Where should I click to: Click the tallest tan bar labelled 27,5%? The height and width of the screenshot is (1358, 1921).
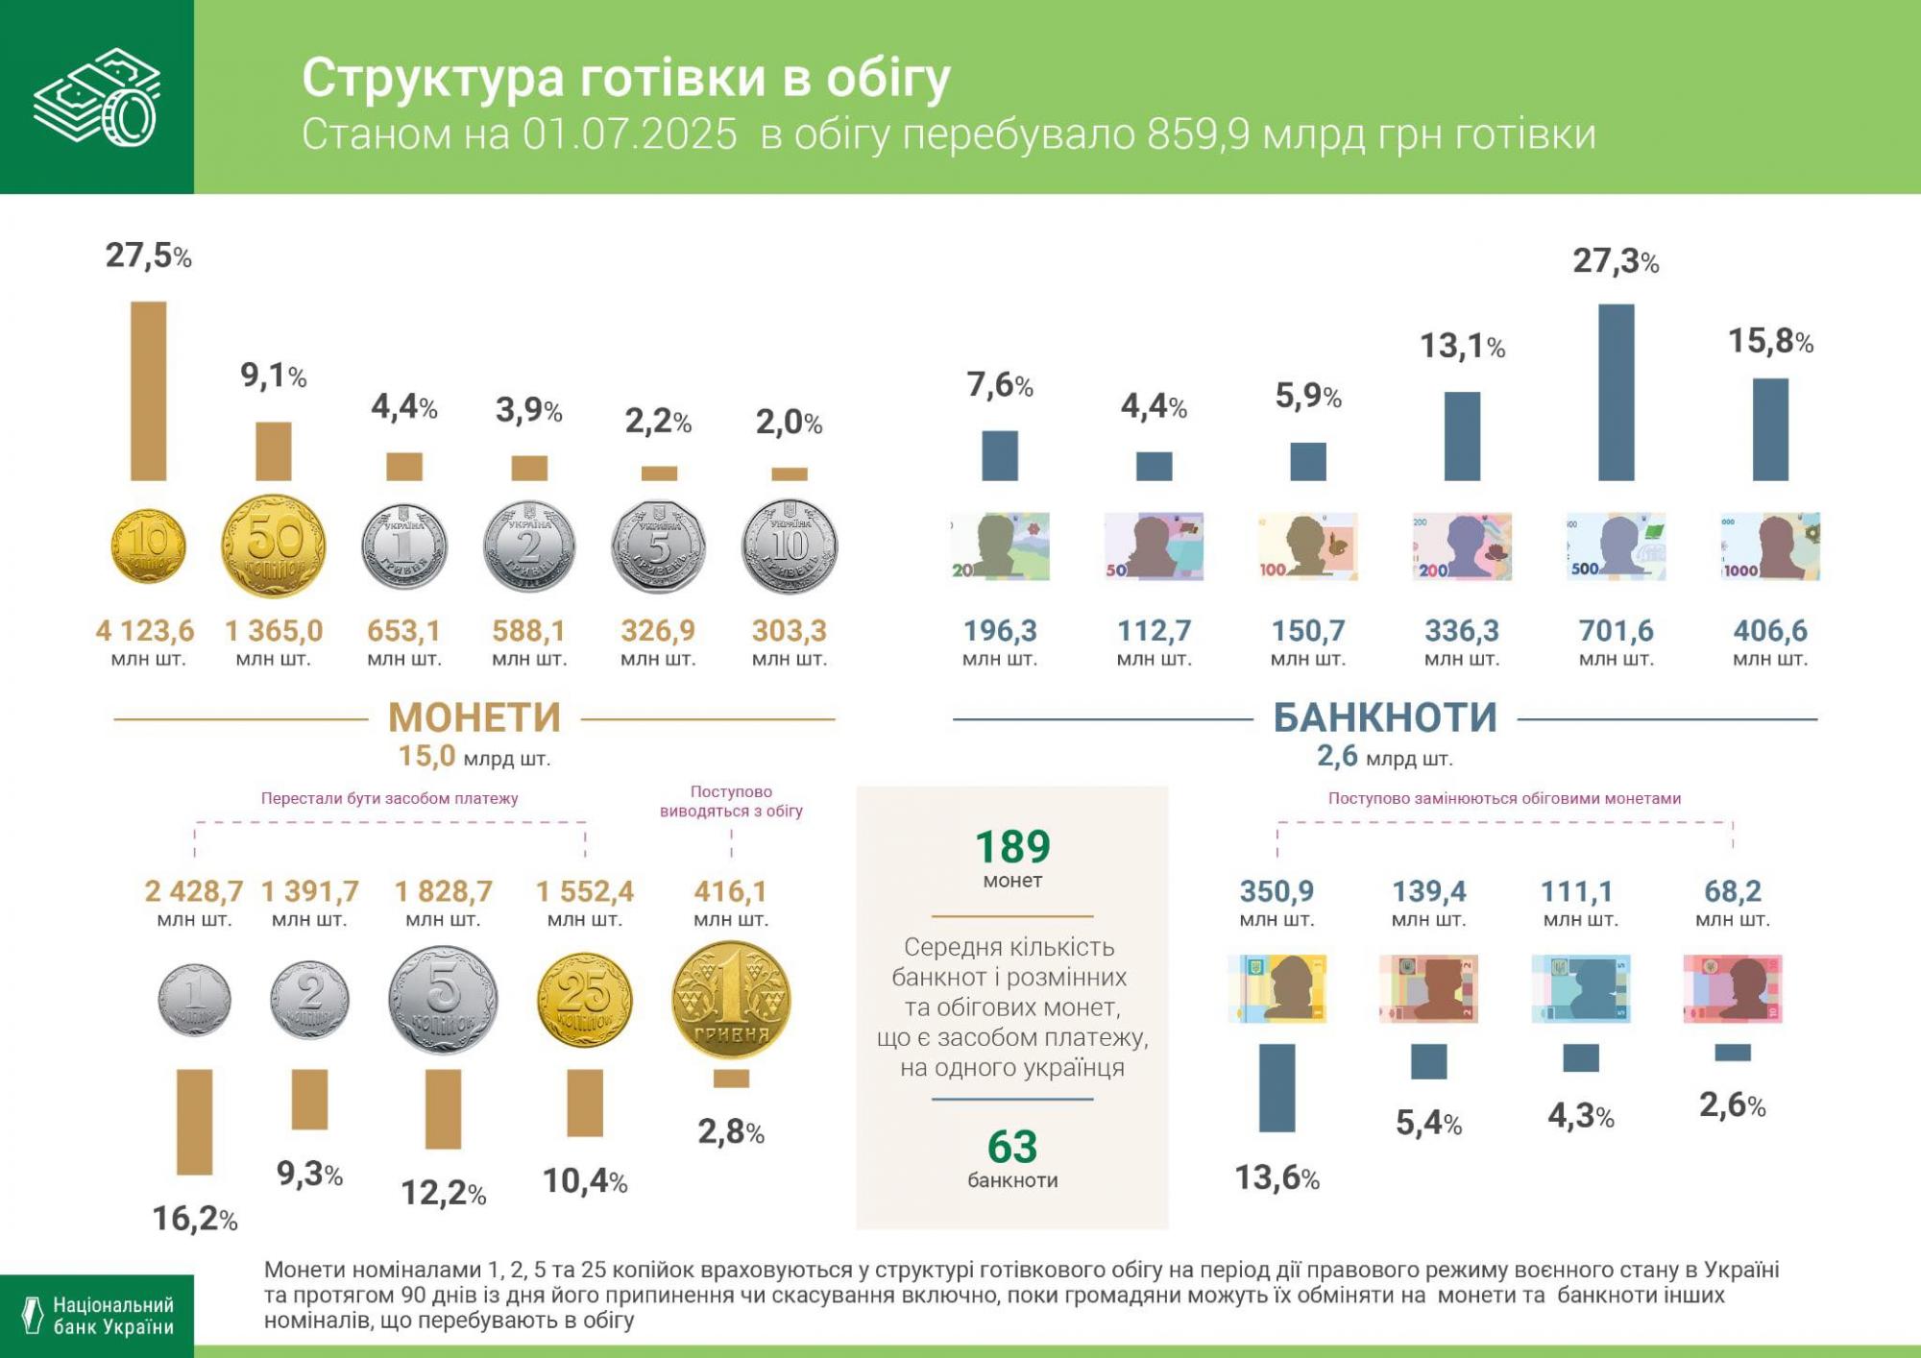148,391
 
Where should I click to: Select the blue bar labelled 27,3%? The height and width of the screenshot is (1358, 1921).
1616,392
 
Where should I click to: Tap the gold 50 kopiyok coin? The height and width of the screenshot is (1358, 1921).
274,546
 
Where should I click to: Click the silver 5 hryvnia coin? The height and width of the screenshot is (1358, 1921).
659,546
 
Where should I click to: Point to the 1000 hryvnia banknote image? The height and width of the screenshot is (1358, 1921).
1770,546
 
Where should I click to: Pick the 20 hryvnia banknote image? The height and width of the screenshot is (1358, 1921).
1000,546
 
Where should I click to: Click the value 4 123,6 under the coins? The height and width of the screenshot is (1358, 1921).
145,631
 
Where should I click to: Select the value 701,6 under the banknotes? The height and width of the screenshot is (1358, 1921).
1616,631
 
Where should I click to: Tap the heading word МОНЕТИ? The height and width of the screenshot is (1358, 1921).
474,717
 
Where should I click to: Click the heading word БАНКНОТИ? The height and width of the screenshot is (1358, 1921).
1385,717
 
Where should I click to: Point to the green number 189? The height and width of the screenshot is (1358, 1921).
1012,847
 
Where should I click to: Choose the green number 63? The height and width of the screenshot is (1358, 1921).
1012,1147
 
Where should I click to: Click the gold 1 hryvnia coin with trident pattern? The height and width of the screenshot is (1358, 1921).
731,1000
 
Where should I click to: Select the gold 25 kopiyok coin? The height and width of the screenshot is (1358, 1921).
584,1000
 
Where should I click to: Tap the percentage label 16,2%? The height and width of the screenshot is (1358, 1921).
195,1219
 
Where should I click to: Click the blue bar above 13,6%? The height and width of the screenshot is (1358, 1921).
1277,1087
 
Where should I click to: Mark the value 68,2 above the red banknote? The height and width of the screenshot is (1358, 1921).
1733,891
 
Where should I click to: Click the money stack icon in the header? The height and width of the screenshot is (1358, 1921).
96,96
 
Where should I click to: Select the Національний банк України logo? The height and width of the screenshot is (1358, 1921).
96,1316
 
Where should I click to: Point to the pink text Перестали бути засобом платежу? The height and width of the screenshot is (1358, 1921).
389,798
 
